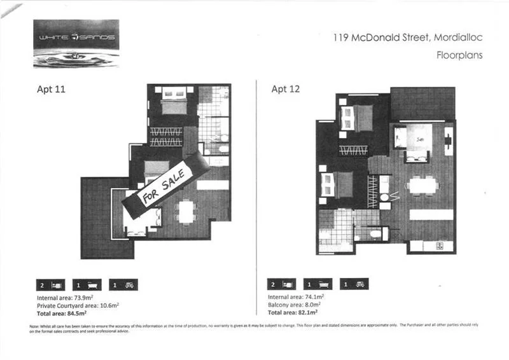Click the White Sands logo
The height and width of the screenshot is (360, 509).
tap(76, 43)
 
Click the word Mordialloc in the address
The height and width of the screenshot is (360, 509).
tap(458, 38)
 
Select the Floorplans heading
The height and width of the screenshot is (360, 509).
tap(459, 55)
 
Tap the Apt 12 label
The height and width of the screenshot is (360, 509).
tap(286, 89)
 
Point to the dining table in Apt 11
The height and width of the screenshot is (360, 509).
tap(186, 212)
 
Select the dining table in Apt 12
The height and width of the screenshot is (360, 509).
tap(422, 185)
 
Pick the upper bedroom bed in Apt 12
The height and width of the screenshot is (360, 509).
tap(357, 117)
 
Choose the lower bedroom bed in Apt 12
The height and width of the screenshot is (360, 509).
tap(338, 185)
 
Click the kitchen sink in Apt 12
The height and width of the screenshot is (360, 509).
tap(438, 246)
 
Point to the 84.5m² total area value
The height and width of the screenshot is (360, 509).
tap(76, 312)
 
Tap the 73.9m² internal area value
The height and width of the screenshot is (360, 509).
tap(82, 297)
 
